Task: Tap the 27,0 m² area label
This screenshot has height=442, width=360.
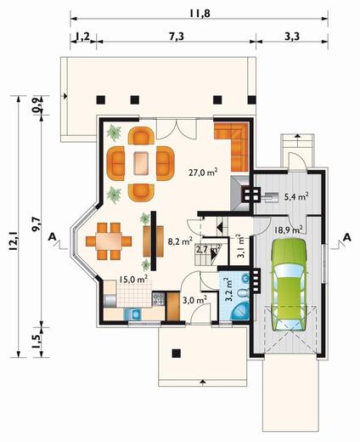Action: [203, 170]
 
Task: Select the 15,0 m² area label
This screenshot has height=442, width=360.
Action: [133, 278]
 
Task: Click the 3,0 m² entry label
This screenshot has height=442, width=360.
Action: [194, 299]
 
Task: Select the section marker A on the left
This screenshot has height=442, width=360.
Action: [53, 235]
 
